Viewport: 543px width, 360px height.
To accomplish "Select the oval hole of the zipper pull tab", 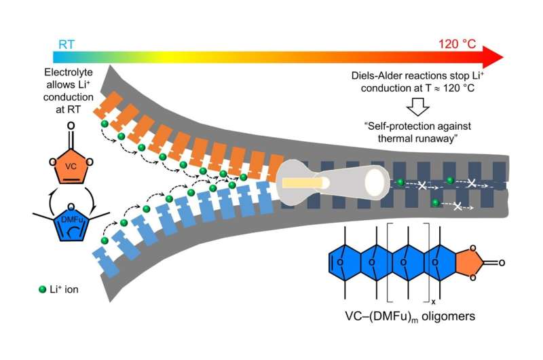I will tap(374, 182).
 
